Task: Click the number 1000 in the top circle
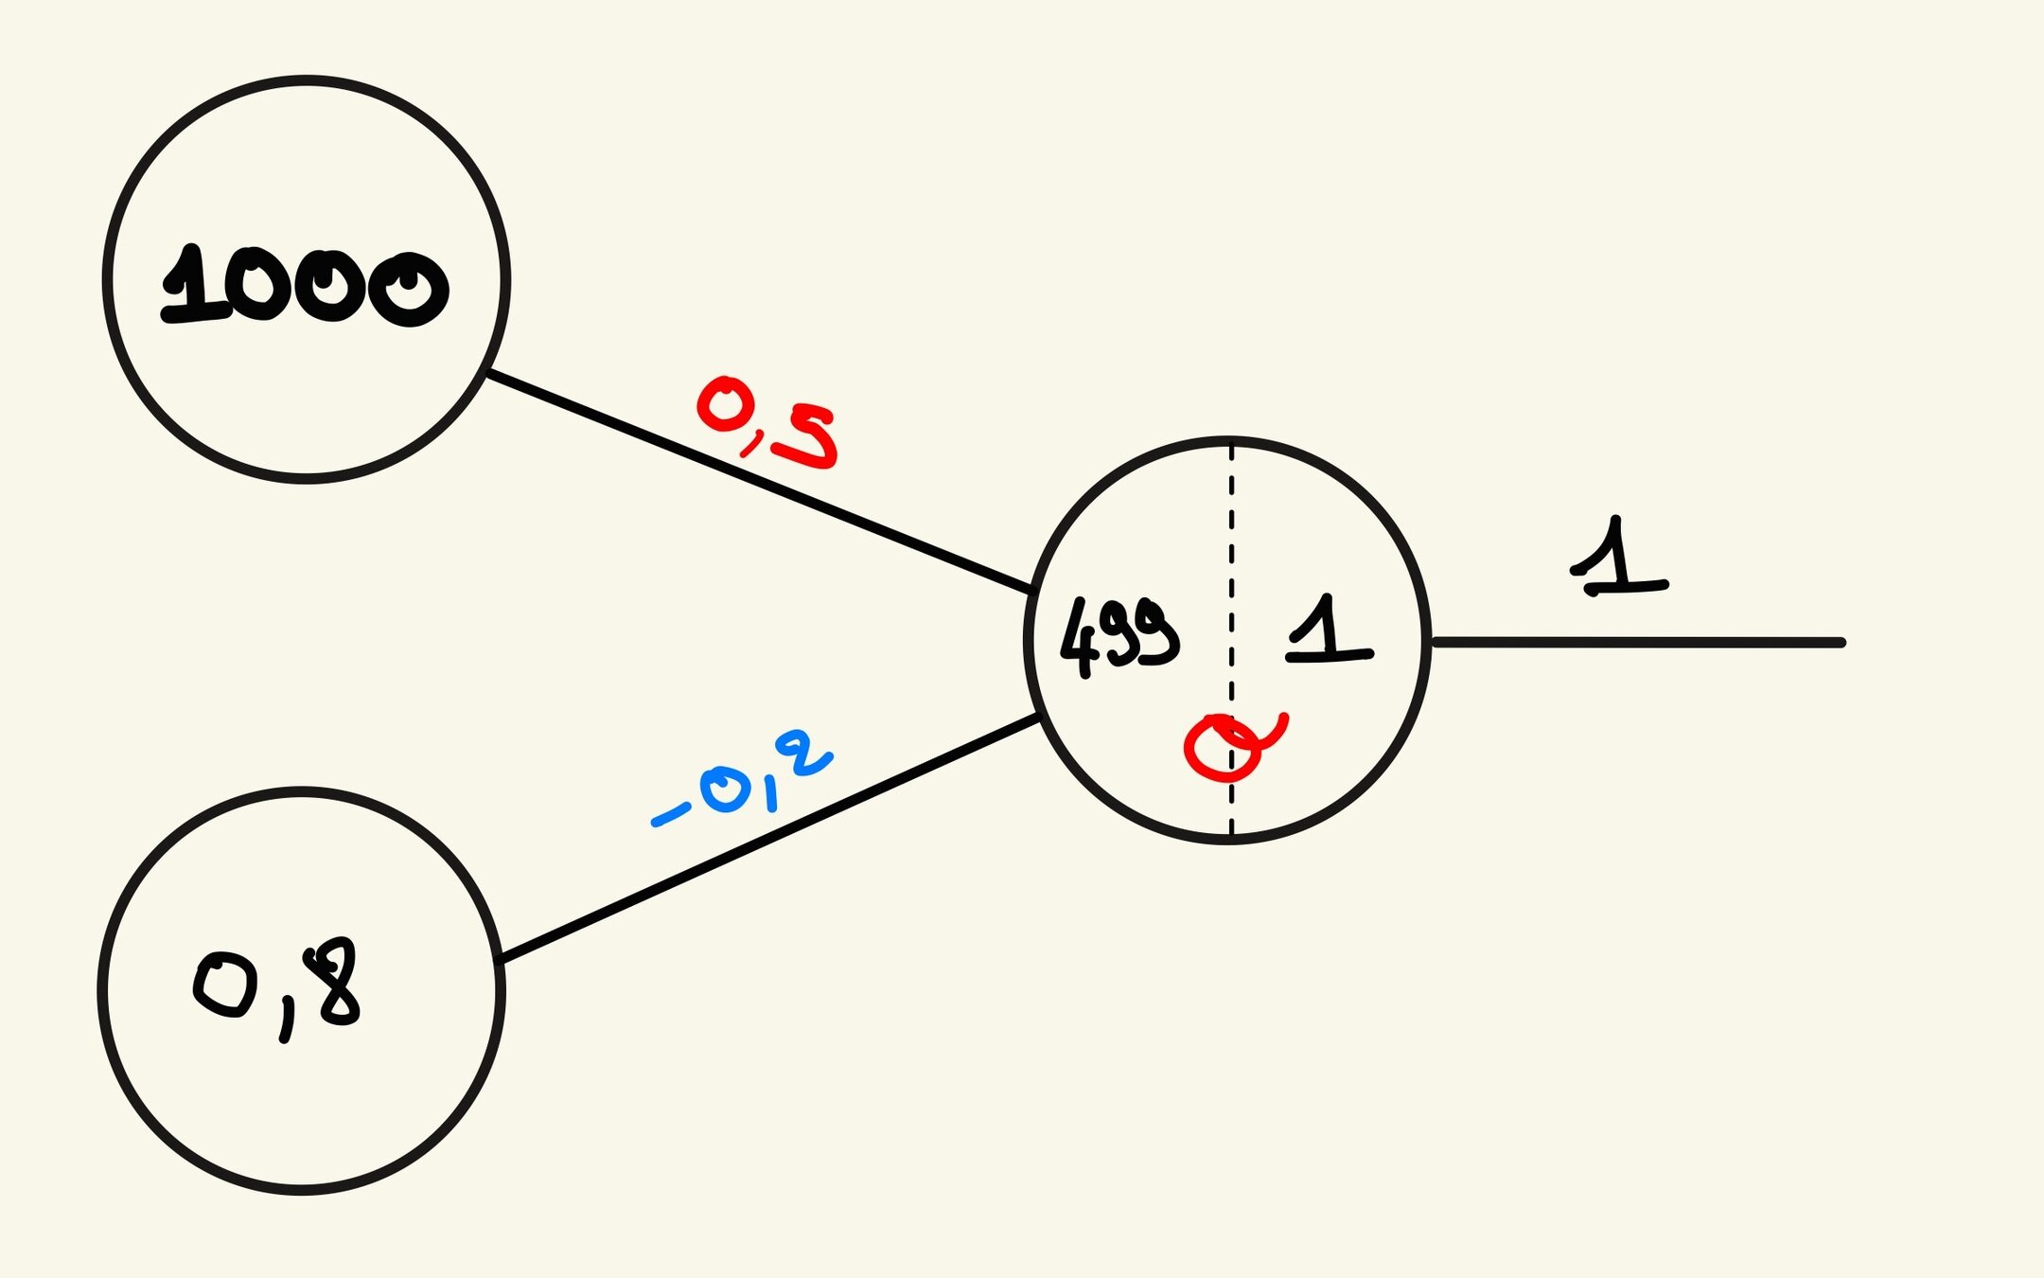305,286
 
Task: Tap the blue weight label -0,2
743,781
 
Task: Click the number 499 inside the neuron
1119,637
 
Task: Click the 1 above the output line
1619,559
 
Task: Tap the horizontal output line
1637,643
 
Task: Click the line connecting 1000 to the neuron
757,483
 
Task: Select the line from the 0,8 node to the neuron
766,839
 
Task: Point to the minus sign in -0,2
670,814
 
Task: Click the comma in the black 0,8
286,1022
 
